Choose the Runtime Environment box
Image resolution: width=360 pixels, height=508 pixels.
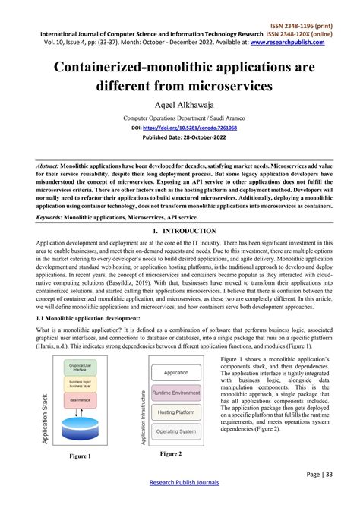[176, 393]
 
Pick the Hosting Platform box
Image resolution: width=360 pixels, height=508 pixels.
[176, 412]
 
